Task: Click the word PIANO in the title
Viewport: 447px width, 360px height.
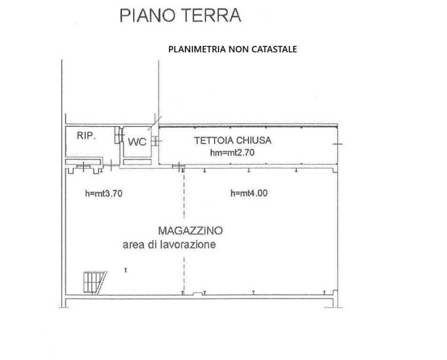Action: point(147,15)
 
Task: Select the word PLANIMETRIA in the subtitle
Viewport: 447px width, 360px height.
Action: point(197,49)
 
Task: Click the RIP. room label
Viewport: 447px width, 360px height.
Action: point(87,136)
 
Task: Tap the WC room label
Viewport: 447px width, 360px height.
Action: point(137,142)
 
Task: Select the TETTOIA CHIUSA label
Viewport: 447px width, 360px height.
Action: point(233,140)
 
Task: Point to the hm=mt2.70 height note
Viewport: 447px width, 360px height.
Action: point(233,152)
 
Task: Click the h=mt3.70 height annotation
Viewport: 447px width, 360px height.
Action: point(104,193)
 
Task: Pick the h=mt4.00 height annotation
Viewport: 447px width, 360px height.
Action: point(249,193)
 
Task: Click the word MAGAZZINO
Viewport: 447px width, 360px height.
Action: point(190,231)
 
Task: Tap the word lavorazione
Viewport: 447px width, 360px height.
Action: point(189,245)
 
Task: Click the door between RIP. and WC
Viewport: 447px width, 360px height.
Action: point(119,135)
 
